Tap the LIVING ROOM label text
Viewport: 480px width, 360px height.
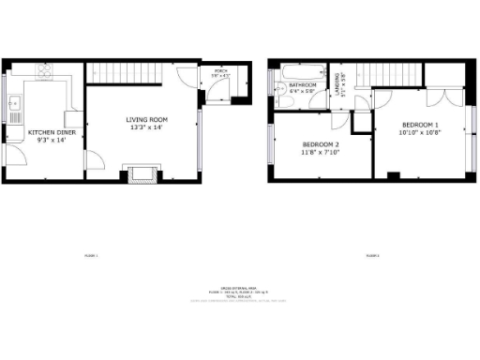147,119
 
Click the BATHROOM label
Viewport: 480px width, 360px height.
302,85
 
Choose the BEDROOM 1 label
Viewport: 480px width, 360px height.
420,125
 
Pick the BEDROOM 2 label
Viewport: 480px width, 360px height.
319,145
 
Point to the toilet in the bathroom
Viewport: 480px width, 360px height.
281,88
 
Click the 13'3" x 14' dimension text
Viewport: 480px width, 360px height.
147,129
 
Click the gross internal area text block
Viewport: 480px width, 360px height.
240,293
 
